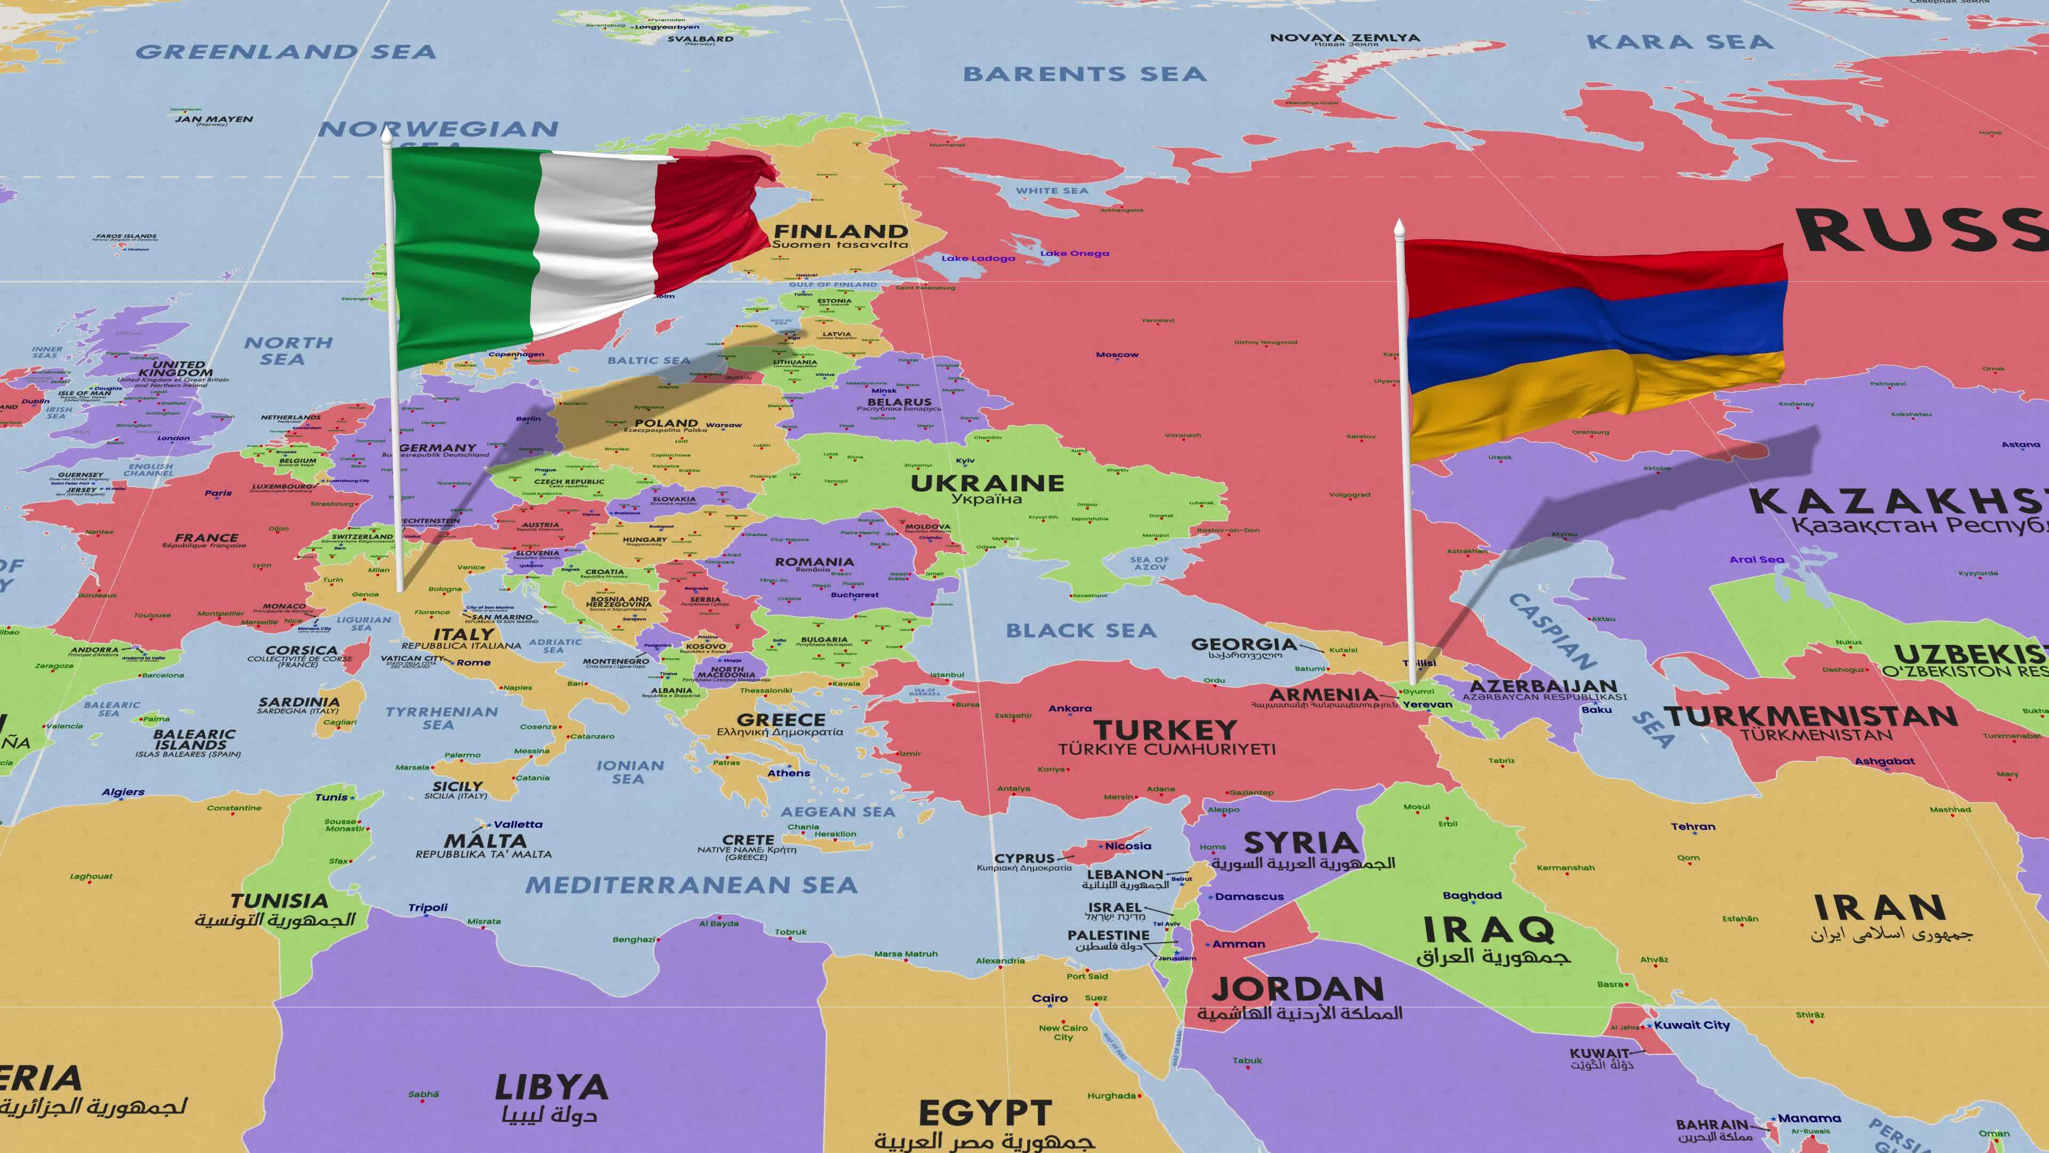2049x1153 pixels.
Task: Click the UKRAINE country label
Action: pyautogui.click(x=987, y=483)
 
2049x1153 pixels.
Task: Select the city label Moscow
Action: pyautogui.click(x=1117, y=355)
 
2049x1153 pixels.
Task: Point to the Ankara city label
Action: pyautogui.click(x=1070, y=708)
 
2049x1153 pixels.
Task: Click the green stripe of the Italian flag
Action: pyautogui.click(x=462, y=255)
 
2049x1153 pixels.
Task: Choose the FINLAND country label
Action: pyautogui.click(x=841, y=232)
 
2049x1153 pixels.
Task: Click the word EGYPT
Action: pyautogui.click(x=984, y=1113)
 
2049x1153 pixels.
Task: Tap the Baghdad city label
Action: pyautogui.click(x=1472, y=895)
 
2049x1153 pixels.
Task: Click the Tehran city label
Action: pyautogui.click(x=1693, y=827)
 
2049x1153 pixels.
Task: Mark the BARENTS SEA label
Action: pyautogui.click(x=1084, y=74)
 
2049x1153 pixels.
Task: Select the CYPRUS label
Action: pyautogui.click(x=1024, y=858)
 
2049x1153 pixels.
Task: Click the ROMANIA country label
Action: pyautogui.click(x=814, y=562)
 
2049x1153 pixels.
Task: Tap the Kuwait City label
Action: pyautogui.click(x=1692, y=1025)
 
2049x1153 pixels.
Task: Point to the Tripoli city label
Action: pyautogui.click(x=428, y=908)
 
